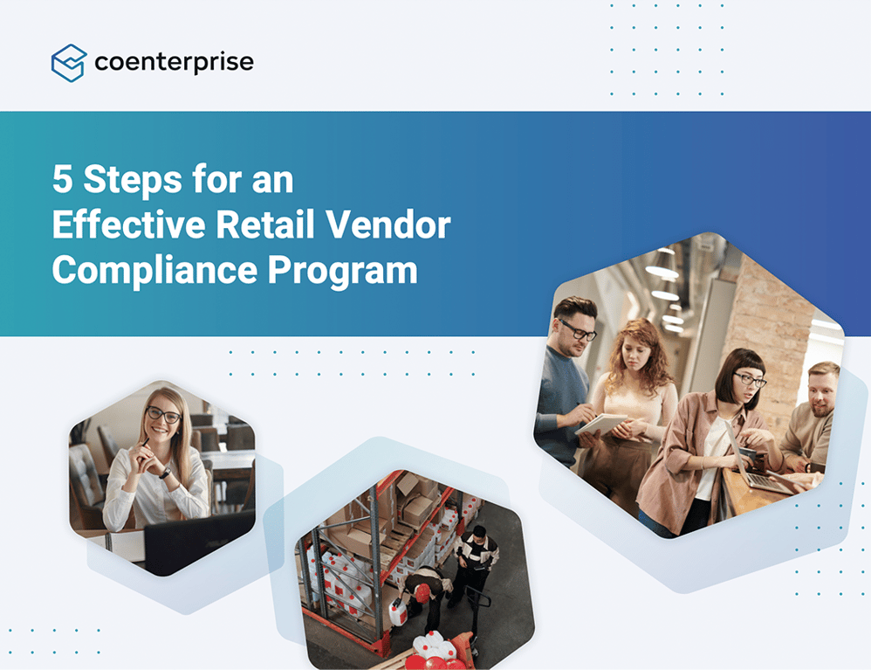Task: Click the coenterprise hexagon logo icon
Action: (69, 63)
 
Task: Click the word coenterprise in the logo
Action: (173, 63)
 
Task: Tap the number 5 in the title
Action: (62, 181)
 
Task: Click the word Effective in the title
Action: (127, 226)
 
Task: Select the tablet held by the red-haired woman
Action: (602, 425)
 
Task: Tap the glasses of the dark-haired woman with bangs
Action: (749, 380)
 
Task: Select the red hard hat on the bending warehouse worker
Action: (422, 593)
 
